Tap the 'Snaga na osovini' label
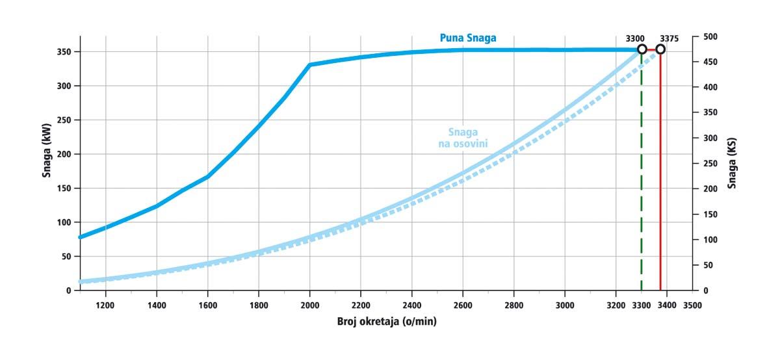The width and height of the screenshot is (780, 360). tap(463, 136)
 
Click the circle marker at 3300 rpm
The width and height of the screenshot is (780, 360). tap(642, 49)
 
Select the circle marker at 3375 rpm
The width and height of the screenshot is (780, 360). tap(660, 49)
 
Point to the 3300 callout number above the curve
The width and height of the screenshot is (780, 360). tap(635, 38)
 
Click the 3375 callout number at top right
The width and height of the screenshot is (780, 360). tap(669, 38)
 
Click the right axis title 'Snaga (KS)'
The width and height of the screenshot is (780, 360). tap(733, 166)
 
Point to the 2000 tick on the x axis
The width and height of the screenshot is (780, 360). tap(310, 303)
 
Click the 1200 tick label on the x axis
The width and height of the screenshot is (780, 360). tap(105, 303)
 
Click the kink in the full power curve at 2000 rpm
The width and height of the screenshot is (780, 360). tap(310, 65)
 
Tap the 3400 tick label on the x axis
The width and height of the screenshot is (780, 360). tap(667, 303)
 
